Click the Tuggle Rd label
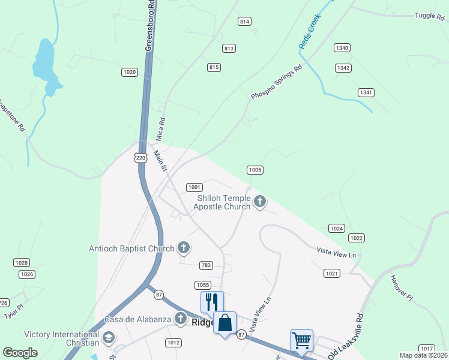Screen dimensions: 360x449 [x=428, y=16]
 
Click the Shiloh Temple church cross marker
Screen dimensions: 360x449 [x=260, y=202]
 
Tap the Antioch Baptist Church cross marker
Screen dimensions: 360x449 [x=184, y=248]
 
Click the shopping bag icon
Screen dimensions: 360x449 [x=224, y=323]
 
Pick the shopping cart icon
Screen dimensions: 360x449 [x=301, y=340]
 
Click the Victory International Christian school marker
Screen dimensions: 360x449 [x=109, y=338]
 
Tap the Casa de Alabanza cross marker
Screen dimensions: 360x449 [x=180, y=319]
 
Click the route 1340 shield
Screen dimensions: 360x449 [x=342, y=48]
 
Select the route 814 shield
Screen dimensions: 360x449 [x=244, y=22]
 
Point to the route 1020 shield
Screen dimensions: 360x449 [x=129, y=72]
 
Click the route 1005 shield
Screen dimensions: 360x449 [x=255, y=170]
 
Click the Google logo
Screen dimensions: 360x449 [x=20, y=353]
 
